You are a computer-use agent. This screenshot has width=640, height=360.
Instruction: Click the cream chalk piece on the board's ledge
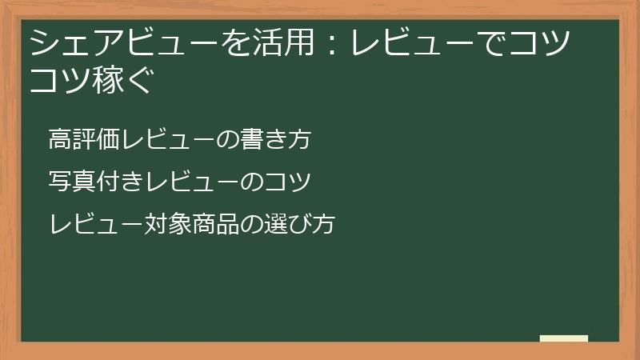click(x=564, y=338)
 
